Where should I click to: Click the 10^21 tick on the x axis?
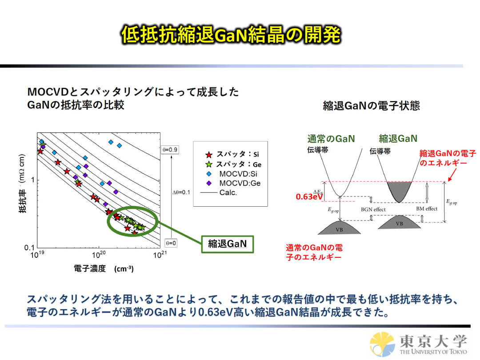[159, 255]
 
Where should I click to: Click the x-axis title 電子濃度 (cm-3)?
[104, 268]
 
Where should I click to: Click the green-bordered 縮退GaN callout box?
[227, 244]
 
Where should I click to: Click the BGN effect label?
[373, 209]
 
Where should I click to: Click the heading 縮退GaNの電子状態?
[372, 106]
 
